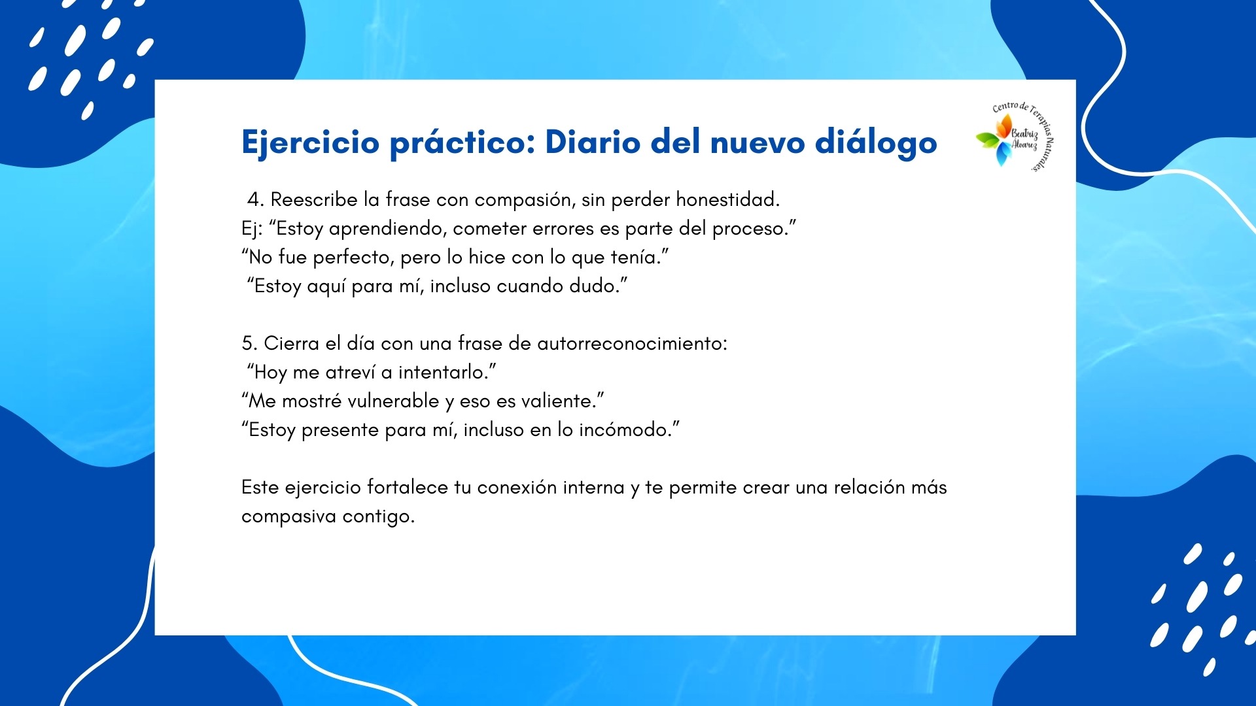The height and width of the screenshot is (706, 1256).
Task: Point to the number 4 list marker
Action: tap(255, 199)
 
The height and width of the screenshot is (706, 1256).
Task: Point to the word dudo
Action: tap(595, 286)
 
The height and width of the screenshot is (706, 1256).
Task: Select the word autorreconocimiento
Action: tap(632, 343)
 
